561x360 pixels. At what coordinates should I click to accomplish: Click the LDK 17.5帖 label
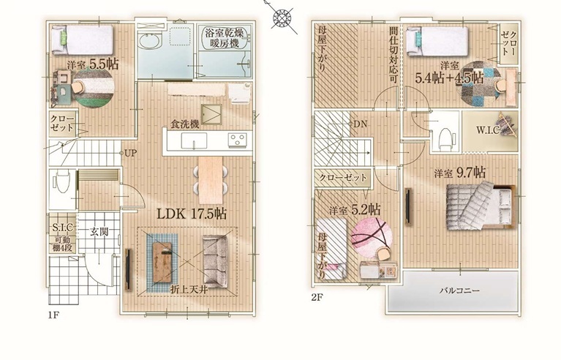click(192, 214)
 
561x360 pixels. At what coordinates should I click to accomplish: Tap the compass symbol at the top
click(282, 17)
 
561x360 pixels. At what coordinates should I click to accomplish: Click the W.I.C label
click(488, 130)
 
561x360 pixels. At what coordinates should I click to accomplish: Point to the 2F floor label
click(317, 297)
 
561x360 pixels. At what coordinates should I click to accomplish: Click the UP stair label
click(130, 154)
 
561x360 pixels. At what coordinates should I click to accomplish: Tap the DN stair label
click(361, 124)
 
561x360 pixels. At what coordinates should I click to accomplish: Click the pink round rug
click(372, 236)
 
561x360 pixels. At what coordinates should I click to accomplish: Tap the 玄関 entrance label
click(99, 232)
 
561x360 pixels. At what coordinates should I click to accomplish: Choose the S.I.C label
click(63, 227)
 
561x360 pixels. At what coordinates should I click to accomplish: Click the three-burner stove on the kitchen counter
click(237, 140)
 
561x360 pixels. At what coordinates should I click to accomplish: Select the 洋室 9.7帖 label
click(460, 173)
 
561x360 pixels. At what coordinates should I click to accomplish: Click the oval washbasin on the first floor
click(149, 41)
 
